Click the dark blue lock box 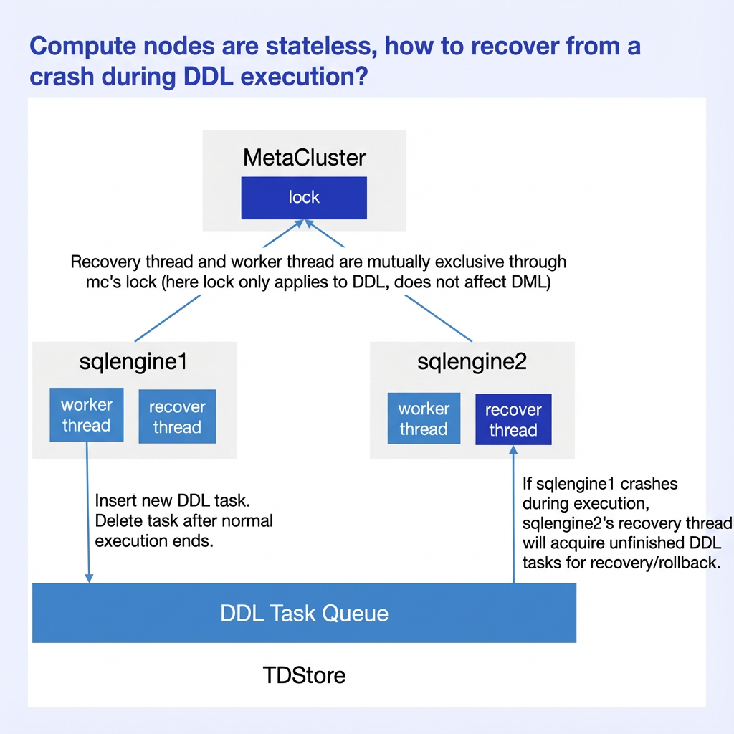pos(304,198)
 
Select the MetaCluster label pos(304,157)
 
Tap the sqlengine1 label pos(133,362)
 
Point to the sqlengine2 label pos(472,362)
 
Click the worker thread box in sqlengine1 pos(87,415)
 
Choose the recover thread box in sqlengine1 pos(178,416)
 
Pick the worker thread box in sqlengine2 pos(424,419)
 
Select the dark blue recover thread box pos(513,419)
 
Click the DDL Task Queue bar pos(304,613)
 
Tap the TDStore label pos(304,675)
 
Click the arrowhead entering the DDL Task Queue pos(88,578)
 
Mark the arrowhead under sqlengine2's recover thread pos(513,450)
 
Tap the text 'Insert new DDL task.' pos(172,501)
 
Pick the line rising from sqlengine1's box pos(168,318)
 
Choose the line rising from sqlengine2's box pos(439,318)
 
